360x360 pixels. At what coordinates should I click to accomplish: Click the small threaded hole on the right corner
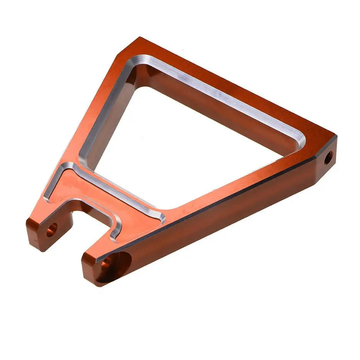[x=328, y=157]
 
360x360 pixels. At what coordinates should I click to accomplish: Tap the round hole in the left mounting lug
[x=52, y=230]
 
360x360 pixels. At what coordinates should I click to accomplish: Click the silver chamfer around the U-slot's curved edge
[x=115, y=227]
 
